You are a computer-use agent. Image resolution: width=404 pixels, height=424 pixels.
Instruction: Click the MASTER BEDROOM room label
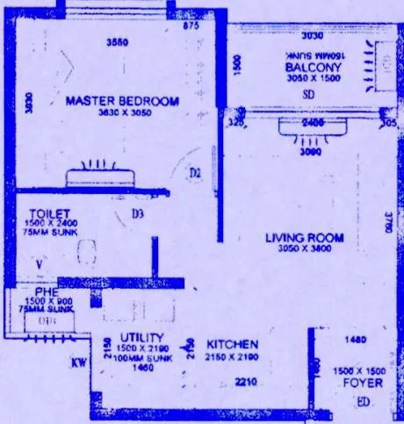pyautogui.click(x=122, y=101)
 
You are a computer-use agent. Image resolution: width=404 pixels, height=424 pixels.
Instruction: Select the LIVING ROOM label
pyautogui.click(x=306, y=238)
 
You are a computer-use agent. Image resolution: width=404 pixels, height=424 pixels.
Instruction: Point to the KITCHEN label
pyautogui.click(x=232, y=344)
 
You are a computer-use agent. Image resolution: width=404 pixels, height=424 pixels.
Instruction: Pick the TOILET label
pyautogui.click(x=45, y=213)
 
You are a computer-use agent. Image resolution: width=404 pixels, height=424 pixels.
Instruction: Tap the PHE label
pyautogui.click(x=46, y=292)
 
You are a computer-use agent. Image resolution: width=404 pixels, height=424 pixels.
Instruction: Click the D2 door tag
pyautogui.click(x=195, y=174)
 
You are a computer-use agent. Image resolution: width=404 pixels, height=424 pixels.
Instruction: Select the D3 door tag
pyautogui.click(x=137, y=213)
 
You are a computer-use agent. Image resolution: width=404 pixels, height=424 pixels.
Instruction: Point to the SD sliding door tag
pyautogui.click(x=308, y=94)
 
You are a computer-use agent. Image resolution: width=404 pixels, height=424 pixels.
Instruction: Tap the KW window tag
pyautogui.click(x=77, y=361)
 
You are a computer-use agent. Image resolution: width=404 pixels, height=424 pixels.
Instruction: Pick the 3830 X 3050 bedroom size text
pyautogui.click(x=122, y=113)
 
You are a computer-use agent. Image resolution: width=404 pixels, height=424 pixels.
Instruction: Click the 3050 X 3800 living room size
pyautogui.click(x=306, y=249)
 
